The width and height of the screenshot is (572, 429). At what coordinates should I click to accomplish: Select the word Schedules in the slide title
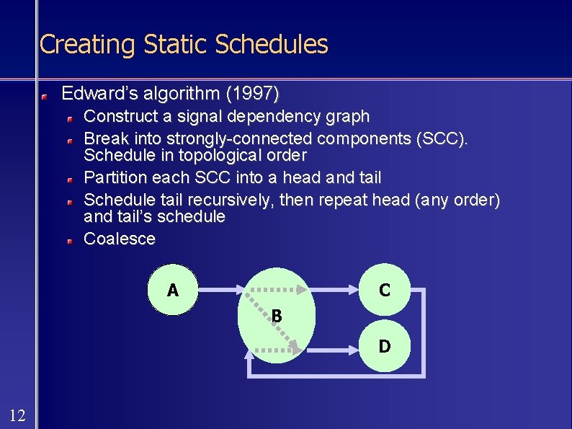click(x=272, y=45)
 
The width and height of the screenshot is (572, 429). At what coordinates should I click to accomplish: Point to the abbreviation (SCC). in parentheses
click(x=442, y=138)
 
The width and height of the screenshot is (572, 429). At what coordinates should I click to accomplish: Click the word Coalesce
click(x=120, y=239)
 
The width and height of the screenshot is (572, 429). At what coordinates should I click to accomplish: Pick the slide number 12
click(x=18, y=415)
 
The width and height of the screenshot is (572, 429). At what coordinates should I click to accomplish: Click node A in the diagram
click(x=173, y=291)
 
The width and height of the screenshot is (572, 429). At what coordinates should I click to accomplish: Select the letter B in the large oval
click(x=277, y=316)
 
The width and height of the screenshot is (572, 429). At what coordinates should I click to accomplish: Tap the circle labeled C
click(x=384, y=291)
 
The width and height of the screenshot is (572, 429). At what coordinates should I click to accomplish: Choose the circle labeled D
click(x=384, y=347)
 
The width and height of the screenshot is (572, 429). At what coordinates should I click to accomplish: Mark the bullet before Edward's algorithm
click(x=45, y=95)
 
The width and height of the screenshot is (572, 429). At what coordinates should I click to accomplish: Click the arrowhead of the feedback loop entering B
click(x=249, y=353)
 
